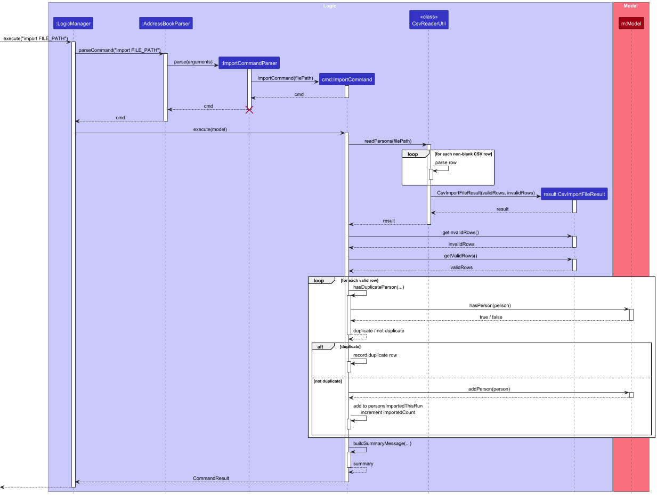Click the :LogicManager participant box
click(73, 23)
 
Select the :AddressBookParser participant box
click(166, 23)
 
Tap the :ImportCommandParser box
click(249, 63)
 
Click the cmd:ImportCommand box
click(347, 79)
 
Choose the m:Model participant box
click(631, 23)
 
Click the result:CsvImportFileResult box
click(574, 194)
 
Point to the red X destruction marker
click(249, 110)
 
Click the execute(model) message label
click(209, 129)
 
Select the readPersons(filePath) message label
click(387, 141)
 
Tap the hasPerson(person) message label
click(490, 306)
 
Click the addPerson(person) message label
click(489, 389)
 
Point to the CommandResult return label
click(211, 478)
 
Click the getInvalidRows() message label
click(460, 233)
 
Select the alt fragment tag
click(321, 346)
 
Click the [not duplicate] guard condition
click(328, 381)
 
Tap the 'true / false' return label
click(490, 317)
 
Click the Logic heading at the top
click(330, 6)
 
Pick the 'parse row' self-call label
click(445, 162)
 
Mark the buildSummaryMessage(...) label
click(382, 443)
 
